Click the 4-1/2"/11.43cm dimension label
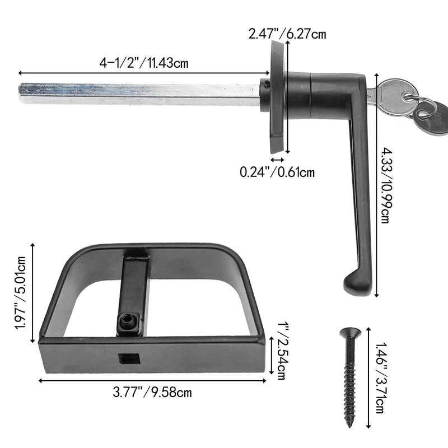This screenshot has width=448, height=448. [144, 63]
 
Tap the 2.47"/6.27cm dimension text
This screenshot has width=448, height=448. [287, 34]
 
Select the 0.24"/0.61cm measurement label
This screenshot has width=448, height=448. [277, 172]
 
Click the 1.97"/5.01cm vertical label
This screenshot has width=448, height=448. [22, 293]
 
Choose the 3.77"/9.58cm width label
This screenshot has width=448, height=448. [152, 392]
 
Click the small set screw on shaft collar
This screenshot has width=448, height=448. [268, 84]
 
